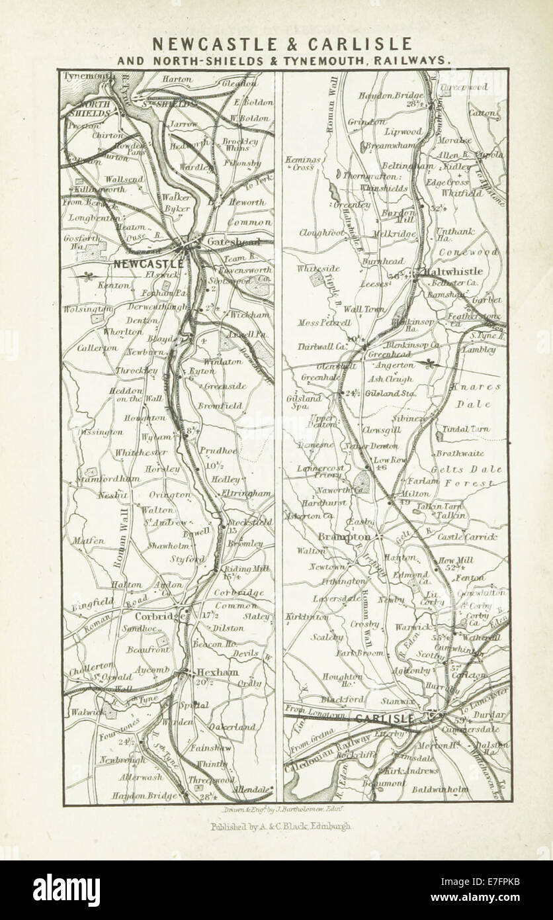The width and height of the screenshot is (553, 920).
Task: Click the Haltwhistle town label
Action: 458,271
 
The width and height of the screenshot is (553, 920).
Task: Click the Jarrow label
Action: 183,124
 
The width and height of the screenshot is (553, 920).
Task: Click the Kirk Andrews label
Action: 412,771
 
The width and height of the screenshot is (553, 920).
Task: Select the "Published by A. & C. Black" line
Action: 281,826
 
